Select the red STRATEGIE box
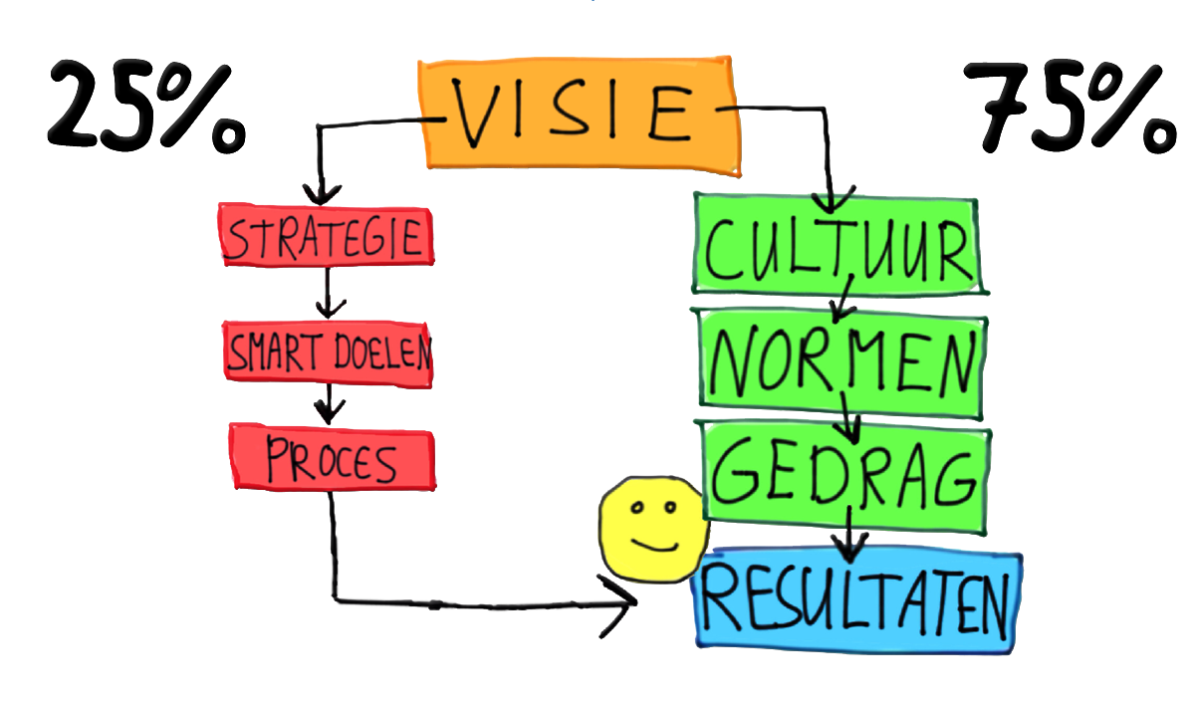point(327,236)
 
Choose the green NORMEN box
point(841,357)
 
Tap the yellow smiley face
point(653,527)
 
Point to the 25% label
point(144,107)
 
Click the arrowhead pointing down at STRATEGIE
point(318,191)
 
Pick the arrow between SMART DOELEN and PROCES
point(328,403)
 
